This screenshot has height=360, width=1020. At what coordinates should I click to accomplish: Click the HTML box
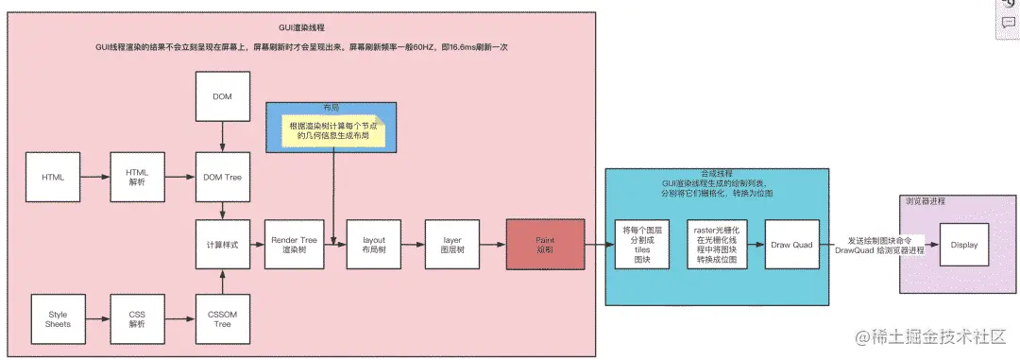pos(53,177)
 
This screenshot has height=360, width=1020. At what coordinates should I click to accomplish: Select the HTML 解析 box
pos(138,177)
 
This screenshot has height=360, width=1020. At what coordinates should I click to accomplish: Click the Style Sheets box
pos(59,318)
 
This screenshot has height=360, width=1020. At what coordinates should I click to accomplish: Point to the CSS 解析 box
pos(138,318)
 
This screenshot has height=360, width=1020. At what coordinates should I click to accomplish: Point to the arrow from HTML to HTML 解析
pos(95,177)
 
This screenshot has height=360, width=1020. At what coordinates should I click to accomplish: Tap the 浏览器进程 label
pos(925,201)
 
